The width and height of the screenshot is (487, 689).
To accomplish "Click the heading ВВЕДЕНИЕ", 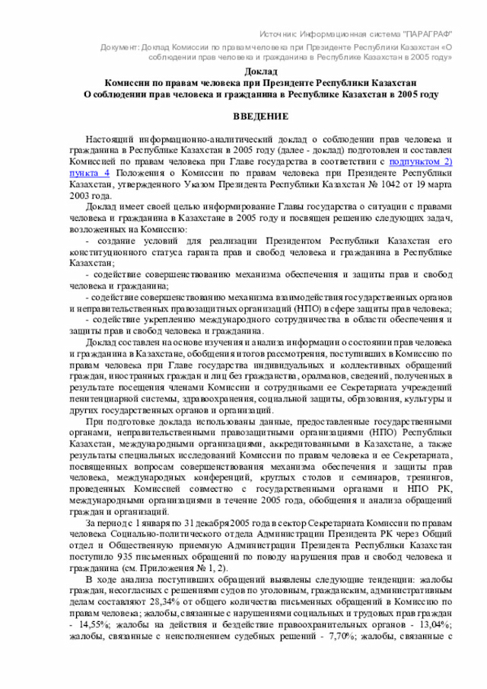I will click(x=260, y=116).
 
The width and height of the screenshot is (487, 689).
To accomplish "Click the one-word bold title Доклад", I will click(x=260, y=71).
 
